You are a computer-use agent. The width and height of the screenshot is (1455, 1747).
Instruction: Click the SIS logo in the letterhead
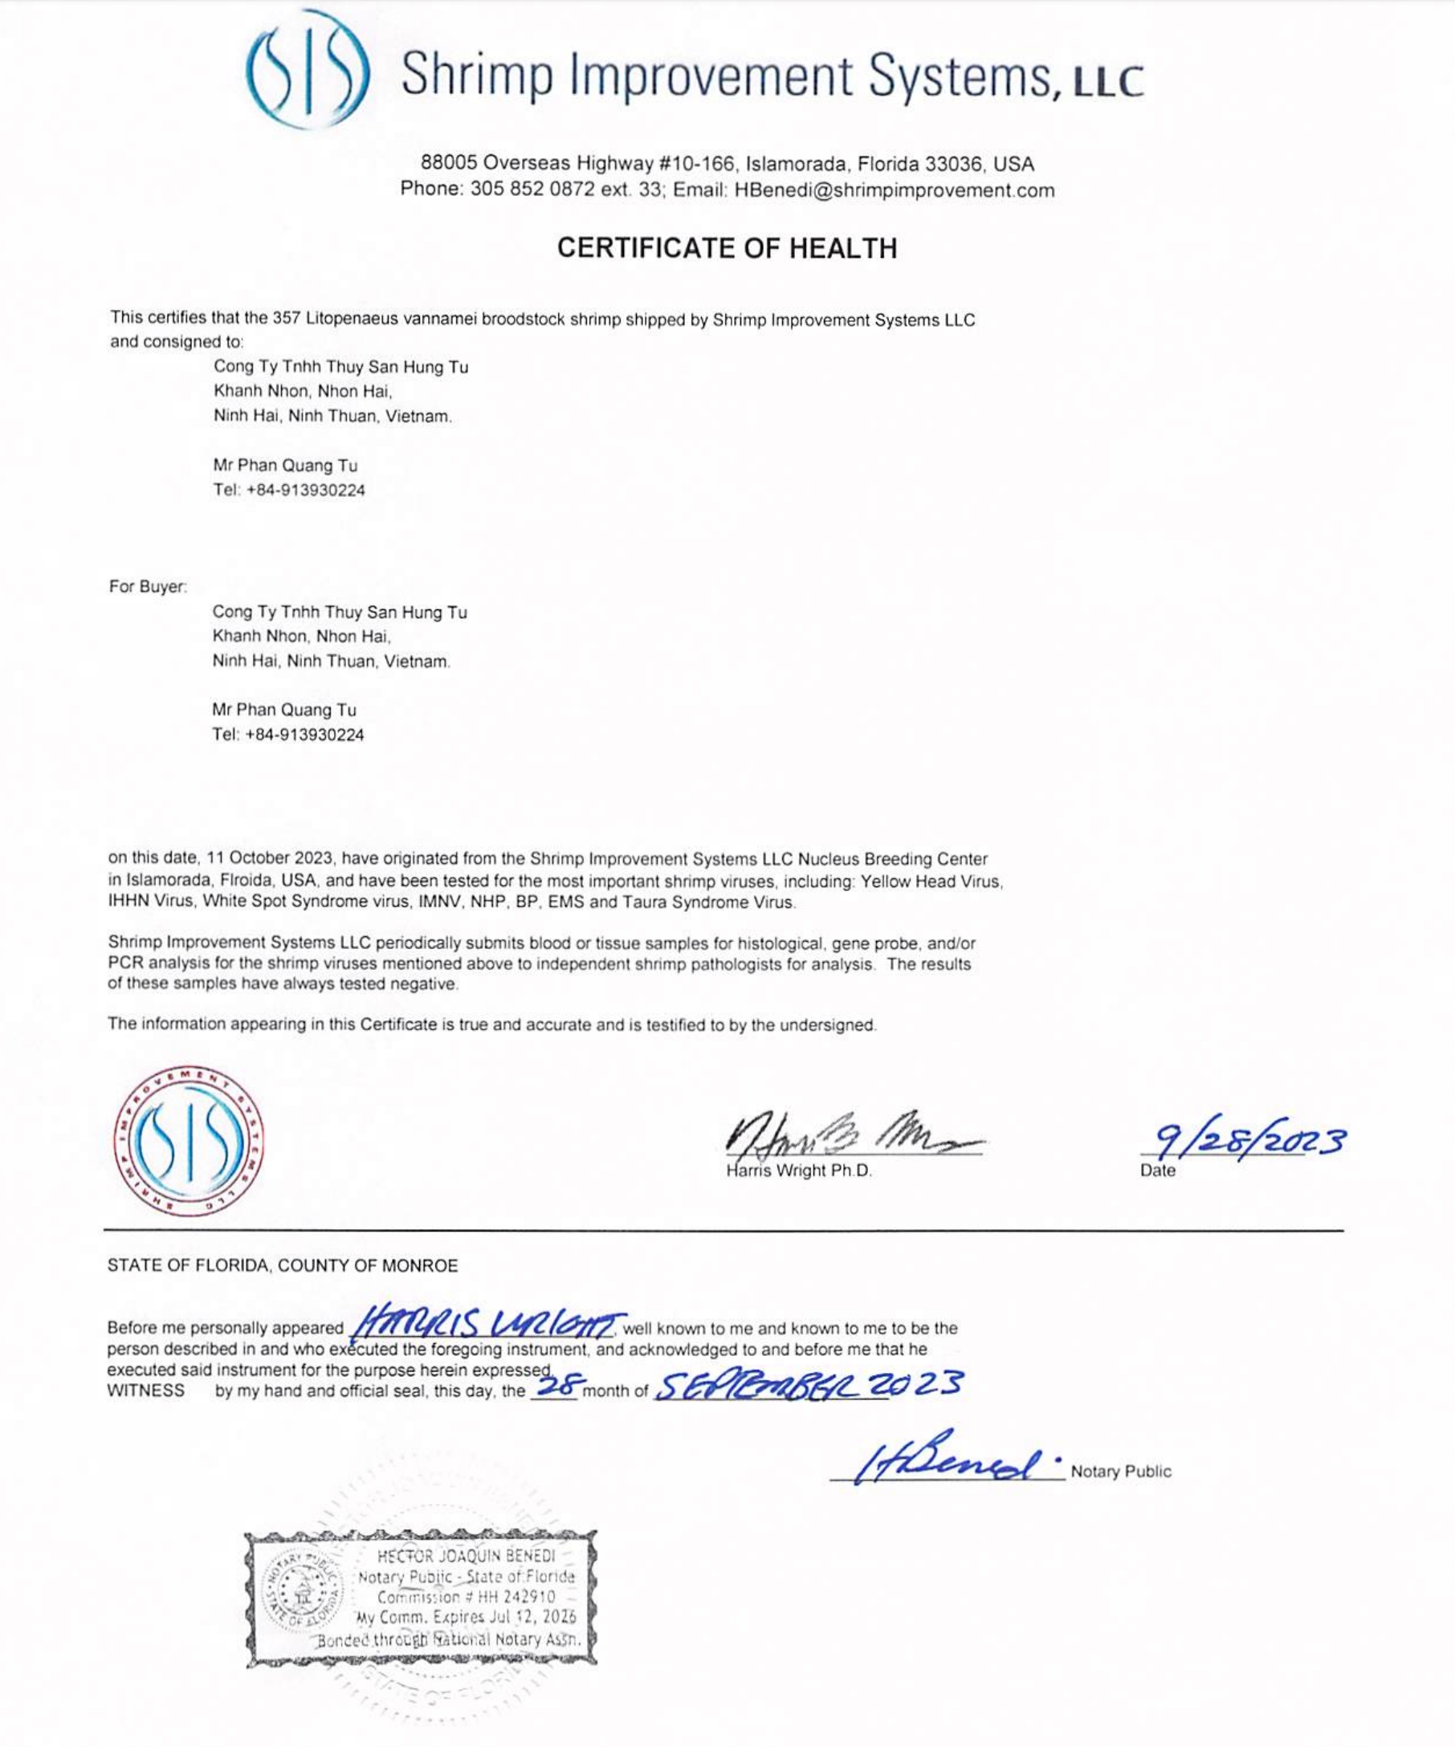(308, 70)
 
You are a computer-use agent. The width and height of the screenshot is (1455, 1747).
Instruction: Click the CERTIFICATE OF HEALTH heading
(726, 248)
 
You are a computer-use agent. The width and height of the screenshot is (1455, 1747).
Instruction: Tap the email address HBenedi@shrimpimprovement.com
(895, 190)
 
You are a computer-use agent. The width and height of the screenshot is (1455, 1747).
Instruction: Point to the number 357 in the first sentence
(287, 319)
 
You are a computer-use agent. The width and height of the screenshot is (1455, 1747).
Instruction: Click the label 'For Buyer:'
(147, 587)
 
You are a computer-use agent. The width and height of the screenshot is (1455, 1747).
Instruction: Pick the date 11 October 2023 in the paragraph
(270, 857)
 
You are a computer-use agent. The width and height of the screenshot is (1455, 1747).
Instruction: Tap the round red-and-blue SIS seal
(189, 1142)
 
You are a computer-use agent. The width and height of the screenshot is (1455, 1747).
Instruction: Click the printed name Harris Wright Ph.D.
(799, 1171)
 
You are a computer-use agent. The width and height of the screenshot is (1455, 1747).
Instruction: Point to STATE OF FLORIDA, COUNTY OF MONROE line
(282, 1266)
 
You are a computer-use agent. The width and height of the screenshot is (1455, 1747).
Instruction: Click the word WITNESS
(145, 1391)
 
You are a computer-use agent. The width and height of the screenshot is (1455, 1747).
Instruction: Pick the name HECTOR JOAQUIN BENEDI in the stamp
(465, 1557)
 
